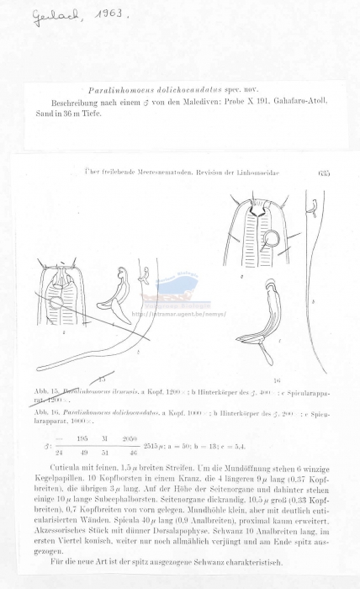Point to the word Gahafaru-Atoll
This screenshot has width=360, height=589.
tap(306, 100)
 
